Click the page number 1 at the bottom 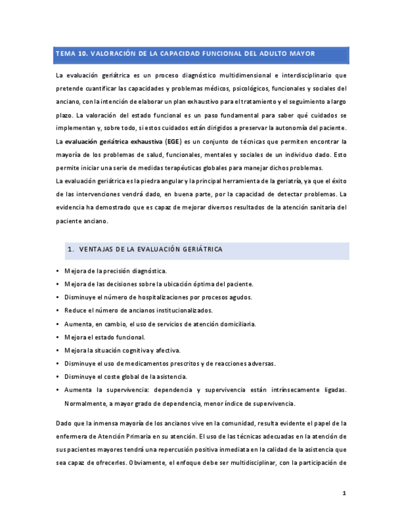344,493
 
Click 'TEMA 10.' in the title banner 72,54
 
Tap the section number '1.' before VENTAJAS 71,250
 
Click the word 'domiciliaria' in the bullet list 236,324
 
